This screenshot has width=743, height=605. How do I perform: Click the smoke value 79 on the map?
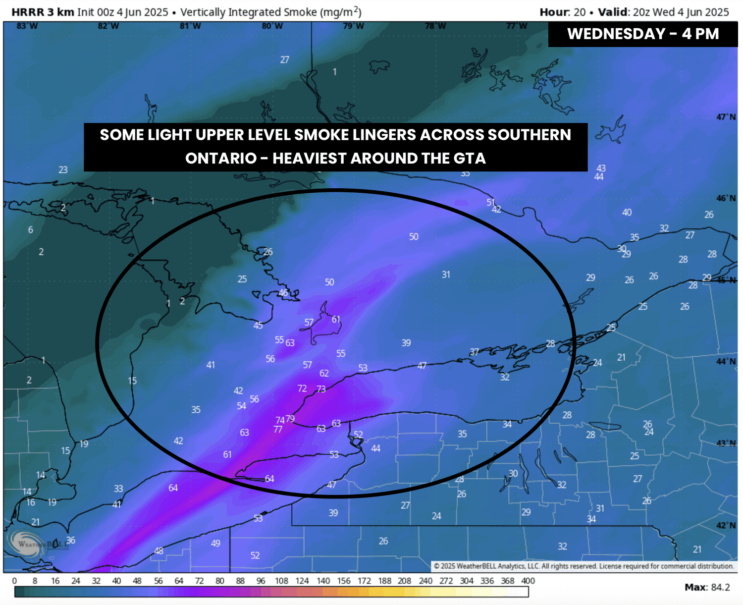(290, 419)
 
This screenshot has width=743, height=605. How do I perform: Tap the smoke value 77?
(278, 430)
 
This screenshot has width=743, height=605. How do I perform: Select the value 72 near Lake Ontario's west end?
(302, 388)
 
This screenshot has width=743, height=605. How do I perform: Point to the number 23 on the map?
(63, 169)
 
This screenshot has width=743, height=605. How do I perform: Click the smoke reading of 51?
(490, 202)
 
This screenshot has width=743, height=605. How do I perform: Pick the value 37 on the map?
(474, 352)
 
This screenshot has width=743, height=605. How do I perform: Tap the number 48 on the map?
(159, 550)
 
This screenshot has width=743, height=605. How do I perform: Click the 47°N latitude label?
(726, 117)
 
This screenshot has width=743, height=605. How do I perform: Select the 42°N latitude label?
(726, 525)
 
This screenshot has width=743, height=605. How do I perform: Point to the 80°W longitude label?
(272, 26)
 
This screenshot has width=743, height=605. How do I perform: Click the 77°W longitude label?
(517, 26)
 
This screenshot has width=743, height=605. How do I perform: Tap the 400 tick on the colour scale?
(528, 581)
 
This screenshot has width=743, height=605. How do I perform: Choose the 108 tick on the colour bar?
(281, 581)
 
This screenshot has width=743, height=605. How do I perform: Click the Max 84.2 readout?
(707, 587)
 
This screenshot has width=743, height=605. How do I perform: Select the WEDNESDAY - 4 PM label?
(642, 34)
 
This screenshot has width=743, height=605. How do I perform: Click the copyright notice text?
(584, 566)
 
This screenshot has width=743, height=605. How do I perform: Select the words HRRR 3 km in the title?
(43, 12)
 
